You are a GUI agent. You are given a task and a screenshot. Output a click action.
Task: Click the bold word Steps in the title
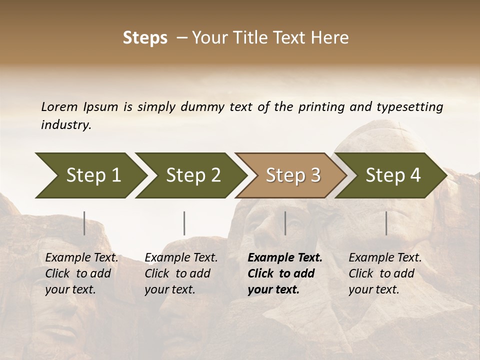click(145, 38)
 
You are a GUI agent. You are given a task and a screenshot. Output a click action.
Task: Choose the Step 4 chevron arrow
click(392, 175)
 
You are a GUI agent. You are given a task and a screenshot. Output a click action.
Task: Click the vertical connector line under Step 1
click(84, 223)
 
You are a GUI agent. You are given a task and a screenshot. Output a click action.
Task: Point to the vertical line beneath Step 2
click(184, 223)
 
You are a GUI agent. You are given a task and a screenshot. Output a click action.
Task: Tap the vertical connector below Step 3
click(285, 223)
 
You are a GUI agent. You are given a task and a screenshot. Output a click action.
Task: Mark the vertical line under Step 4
click(386, 223)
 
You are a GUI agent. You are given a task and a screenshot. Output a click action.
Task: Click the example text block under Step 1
click(81, 273)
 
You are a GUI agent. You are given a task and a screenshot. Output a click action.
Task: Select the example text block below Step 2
click(181, 273)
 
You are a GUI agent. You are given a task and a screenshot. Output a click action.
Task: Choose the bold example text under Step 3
click(285, 273)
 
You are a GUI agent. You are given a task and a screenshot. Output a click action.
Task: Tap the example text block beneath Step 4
click(385, 273)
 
